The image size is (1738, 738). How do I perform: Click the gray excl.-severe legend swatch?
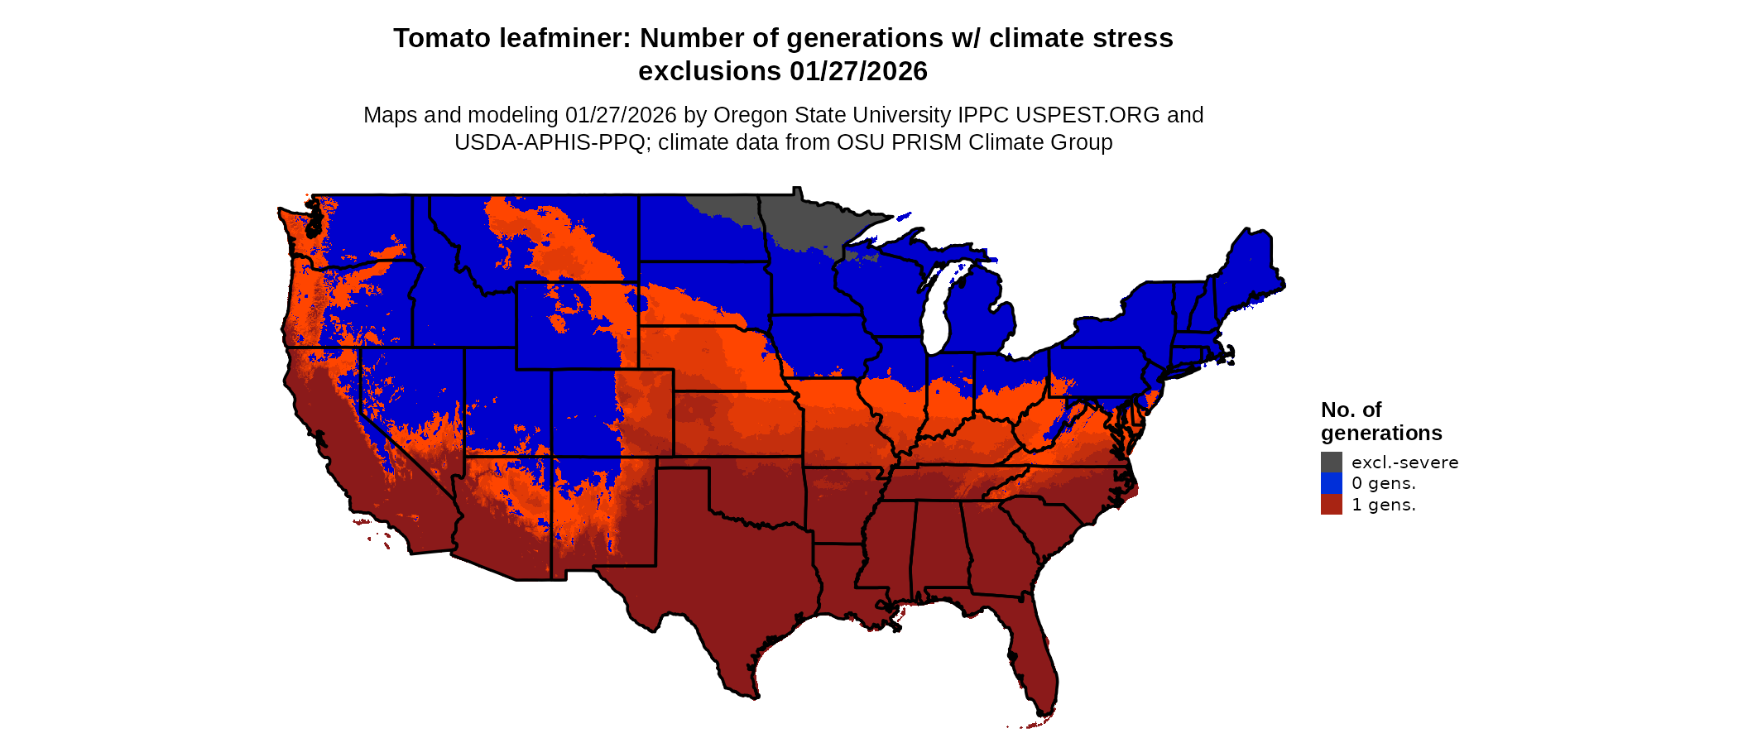[x=1331, y=462]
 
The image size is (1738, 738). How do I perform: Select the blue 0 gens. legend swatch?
[x=1331, y=483]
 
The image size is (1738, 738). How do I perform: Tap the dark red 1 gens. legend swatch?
[x=1331, y=505]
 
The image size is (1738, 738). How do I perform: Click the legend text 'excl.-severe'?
[x=1404, y=462]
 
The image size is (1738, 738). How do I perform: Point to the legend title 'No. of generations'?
[x=1380, y=421]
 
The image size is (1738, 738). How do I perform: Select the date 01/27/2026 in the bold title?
[x=858, y=71]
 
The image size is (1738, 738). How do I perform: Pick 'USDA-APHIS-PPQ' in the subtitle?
[x=549, y=142]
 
